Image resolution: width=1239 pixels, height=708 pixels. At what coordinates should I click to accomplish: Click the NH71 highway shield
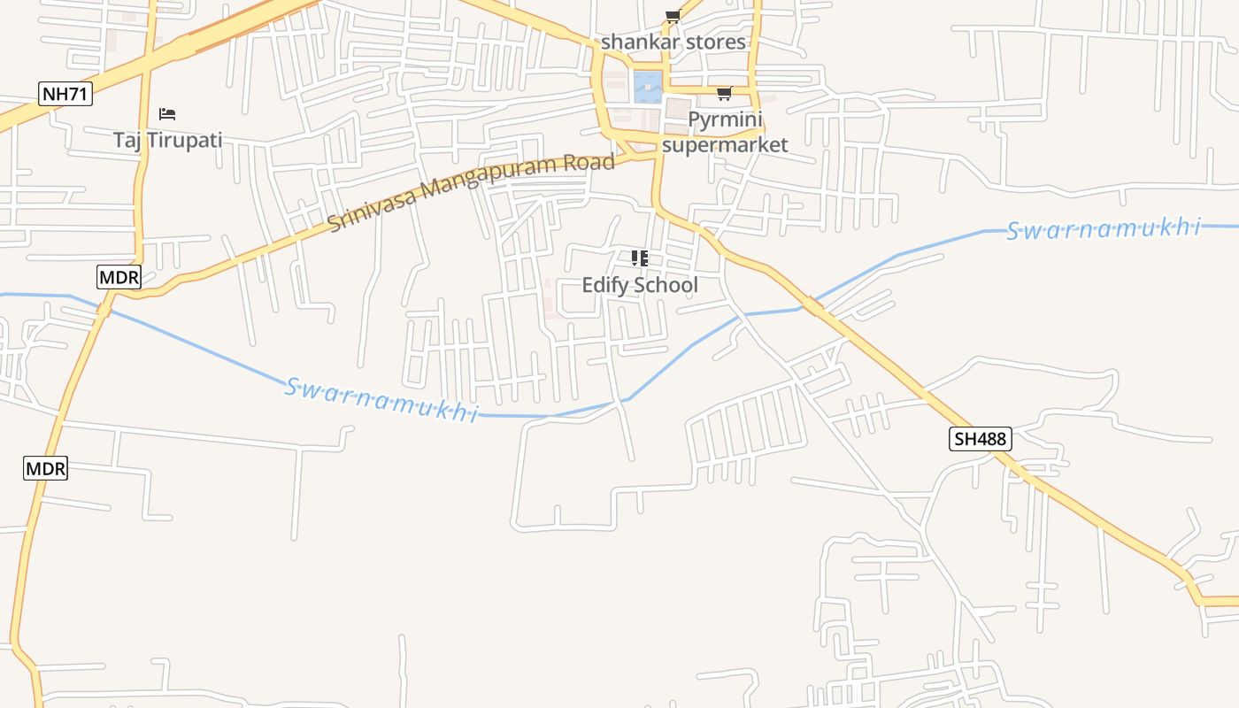(65, 93)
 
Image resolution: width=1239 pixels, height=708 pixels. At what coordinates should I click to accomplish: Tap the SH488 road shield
(980, 438)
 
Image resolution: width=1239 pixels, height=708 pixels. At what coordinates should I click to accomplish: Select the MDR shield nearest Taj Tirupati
(119, 277)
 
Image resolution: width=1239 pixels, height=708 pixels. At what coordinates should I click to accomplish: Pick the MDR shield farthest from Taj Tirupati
(45, 468)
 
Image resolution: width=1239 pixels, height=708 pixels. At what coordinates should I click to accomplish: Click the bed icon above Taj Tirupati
(167, 114)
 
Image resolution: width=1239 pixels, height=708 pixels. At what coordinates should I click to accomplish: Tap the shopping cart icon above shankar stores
(673, 17)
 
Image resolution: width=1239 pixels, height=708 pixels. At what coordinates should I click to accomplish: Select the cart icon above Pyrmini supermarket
(724, 94)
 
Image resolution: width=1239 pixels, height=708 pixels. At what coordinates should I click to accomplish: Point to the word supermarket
(725, 144)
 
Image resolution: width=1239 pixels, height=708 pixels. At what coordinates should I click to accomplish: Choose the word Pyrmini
(725, 119)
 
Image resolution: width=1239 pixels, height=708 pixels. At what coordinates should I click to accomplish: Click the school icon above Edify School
(639, 258)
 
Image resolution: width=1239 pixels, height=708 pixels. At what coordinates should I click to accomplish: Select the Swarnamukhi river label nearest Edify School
(381, 400)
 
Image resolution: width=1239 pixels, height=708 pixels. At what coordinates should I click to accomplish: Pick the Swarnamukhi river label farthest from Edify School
(1103, 230)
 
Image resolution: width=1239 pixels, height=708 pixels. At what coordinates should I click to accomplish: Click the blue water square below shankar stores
(648, 87)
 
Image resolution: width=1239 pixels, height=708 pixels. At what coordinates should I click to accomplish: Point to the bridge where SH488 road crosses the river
(812, 307)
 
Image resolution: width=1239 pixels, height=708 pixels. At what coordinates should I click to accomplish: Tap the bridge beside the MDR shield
(104, 309)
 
